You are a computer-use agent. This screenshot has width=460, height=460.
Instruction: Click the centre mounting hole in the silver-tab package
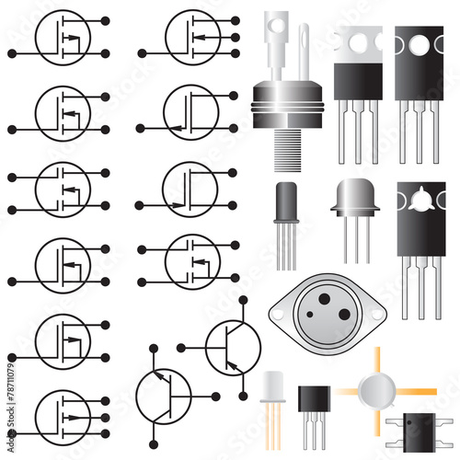(358, 41)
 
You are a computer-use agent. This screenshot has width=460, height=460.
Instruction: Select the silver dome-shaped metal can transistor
(355, 197)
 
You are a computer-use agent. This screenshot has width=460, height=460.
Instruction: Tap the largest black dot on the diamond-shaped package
(344, 315)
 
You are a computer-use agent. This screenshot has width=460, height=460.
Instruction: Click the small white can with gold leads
(273, 387)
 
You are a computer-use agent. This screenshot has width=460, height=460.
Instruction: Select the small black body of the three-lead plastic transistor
(313, 398)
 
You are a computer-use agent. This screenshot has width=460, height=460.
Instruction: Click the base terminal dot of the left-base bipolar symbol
(181, 347)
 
